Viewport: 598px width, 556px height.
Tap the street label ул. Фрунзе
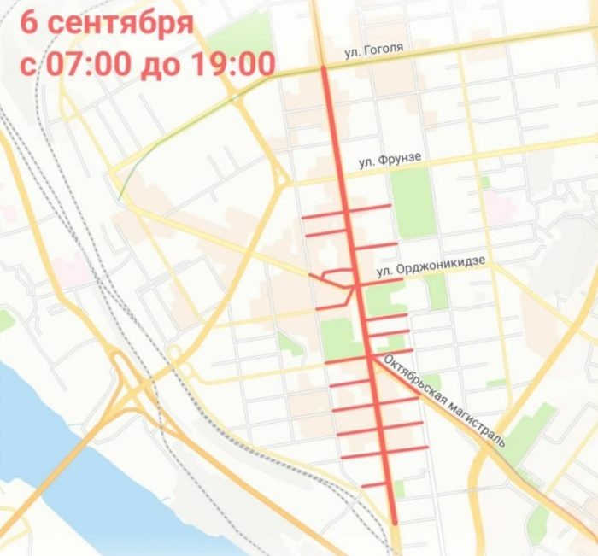click(x=390, y=161)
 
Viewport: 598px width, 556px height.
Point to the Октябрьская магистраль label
click(x=445, y=401)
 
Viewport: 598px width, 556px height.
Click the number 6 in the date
click(x=29, y=22)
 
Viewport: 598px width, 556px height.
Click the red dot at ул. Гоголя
click(x=323, y=68)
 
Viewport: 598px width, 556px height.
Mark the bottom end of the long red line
click(x=396, y=521)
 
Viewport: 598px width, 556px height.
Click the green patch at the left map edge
click(x=5, y=320)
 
